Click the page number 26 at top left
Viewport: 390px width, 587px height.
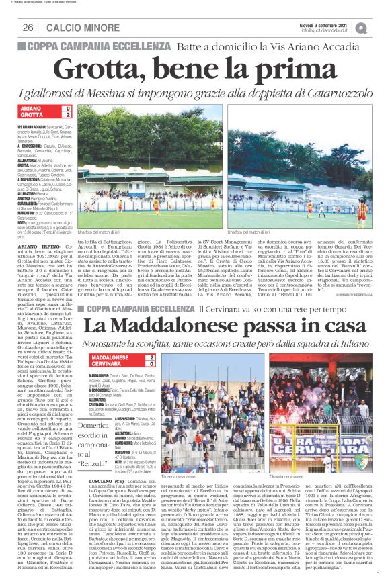click(x=28, y=28)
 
